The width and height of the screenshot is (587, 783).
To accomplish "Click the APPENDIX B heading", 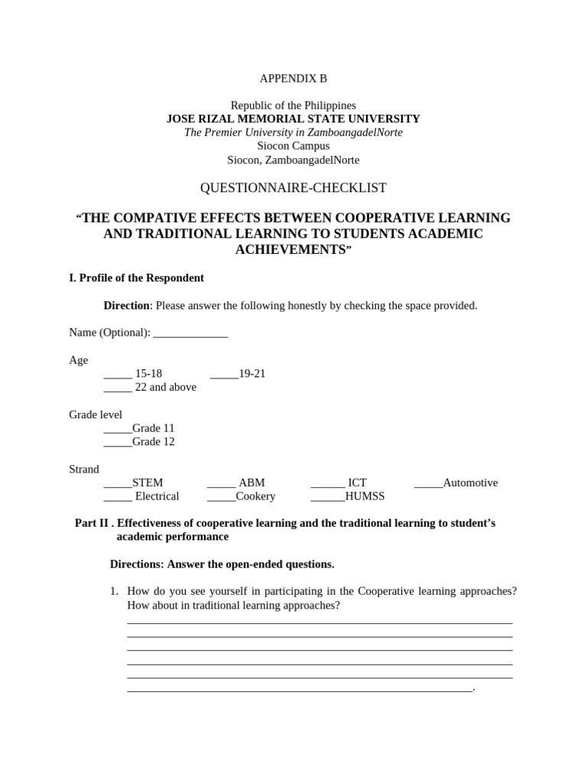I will coord(293,78).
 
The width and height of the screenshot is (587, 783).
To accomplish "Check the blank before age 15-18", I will coord(118,374).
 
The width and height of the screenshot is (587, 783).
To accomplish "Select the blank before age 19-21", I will coord(224,374).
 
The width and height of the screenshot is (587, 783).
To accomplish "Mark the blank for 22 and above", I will coord(118,388).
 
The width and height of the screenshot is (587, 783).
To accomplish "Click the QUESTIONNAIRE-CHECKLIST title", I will coord(293,188).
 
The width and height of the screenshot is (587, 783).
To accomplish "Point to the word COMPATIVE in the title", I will coord(151,218).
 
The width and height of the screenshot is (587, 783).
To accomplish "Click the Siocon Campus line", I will coord(293,146).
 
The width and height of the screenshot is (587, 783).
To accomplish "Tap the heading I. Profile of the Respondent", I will coord(136,278).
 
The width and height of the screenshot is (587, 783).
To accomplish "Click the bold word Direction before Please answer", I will coord(126,306).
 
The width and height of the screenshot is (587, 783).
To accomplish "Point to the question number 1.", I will coord(113,591).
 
